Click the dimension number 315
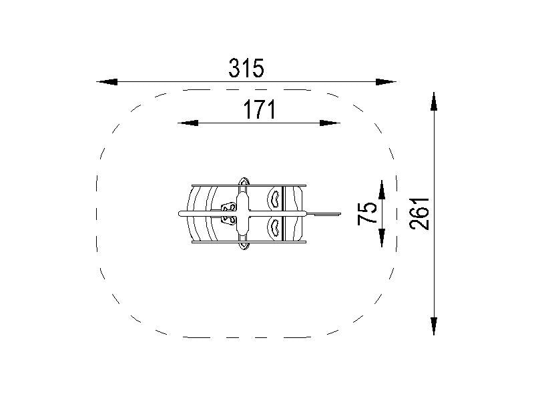click(246, 69)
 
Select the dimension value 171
click(259, 109)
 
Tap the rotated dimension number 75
click(368, 213)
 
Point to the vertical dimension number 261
click(420, 213)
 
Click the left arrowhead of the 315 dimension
click(107, 82)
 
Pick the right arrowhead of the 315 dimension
click(386, 82)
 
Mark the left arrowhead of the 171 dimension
click(188, 123)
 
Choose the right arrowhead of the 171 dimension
click(330, 123)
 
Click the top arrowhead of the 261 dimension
click(433, 101)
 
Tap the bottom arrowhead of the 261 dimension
click(433, 326)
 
